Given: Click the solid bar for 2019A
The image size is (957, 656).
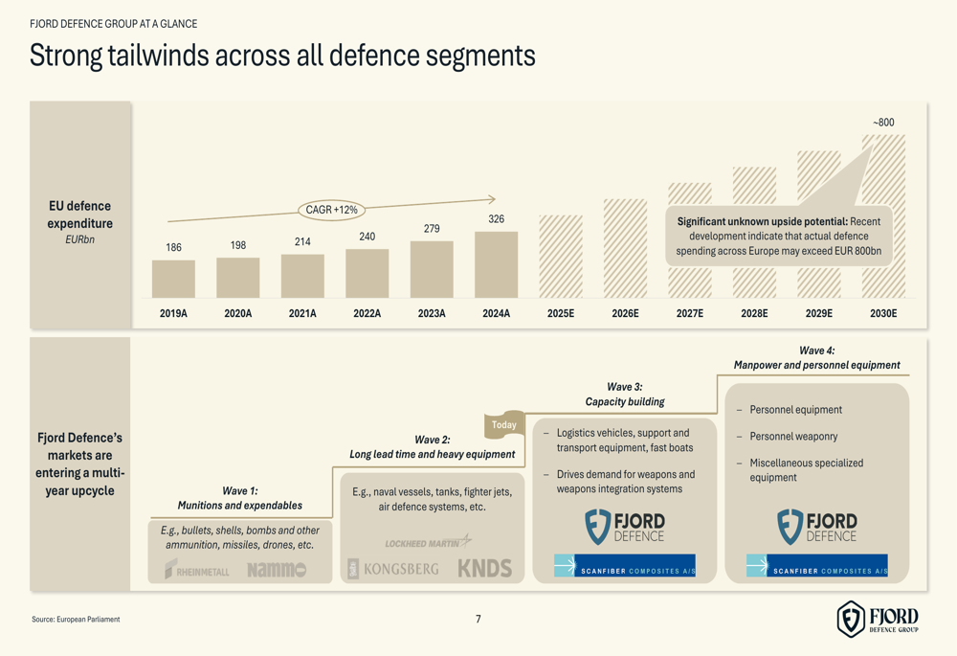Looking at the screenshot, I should (x=173, y=279).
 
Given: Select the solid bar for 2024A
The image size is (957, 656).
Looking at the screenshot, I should (x=496, y=264).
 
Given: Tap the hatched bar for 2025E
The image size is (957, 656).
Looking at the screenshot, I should (x=561, y=256).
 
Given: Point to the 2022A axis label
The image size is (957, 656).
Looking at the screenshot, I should (x=367, y=313).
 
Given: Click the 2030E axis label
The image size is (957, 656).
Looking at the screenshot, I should (x=882, y=313).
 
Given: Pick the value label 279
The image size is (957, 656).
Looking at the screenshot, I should (x=432, y=229).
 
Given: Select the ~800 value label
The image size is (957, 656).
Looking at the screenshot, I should (x=883, y=123).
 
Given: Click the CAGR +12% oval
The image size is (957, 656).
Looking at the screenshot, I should (x=331, y=210).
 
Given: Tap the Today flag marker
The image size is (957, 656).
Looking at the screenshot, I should (x=504, y=424).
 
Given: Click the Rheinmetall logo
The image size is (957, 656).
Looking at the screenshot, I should (x=197, y=569).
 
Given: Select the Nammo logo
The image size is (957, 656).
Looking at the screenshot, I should (x=276, y=569).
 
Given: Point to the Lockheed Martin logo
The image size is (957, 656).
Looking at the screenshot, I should (x=428, y=542).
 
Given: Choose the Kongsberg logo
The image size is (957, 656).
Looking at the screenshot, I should (x=393, y=568).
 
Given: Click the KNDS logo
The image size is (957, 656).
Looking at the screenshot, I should (x=484, y=568).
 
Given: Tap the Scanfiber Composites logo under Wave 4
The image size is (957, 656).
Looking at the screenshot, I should (x=817, y=566).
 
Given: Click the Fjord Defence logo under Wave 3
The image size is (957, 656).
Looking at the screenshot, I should (x=625, y=527).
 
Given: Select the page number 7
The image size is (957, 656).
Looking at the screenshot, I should (x=478, y=620).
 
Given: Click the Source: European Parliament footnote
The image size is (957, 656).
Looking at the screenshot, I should (x=76, y=620).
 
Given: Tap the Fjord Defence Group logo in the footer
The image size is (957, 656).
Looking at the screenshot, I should (x=878, y=619).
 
